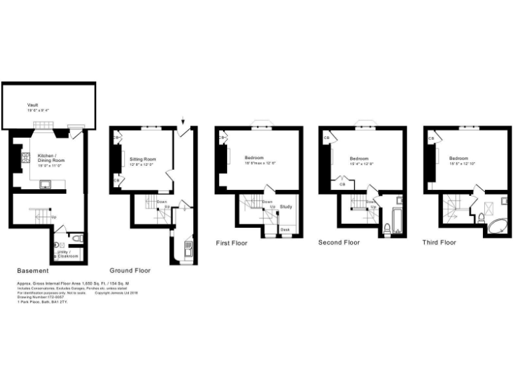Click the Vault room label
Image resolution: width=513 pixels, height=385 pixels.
33,105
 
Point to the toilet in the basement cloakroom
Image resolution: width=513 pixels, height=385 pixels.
77,239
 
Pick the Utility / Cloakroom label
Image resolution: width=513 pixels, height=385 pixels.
68,253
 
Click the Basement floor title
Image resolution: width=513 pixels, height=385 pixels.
33,271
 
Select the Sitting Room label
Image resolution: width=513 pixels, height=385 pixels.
142,158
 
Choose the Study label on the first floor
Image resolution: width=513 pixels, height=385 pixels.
286,207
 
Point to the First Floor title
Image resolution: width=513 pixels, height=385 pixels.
231,243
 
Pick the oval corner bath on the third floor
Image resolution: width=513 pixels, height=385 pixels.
494,225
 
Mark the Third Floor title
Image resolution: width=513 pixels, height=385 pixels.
440,243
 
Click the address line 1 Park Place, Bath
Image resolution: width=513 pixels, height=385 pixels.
42,302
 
